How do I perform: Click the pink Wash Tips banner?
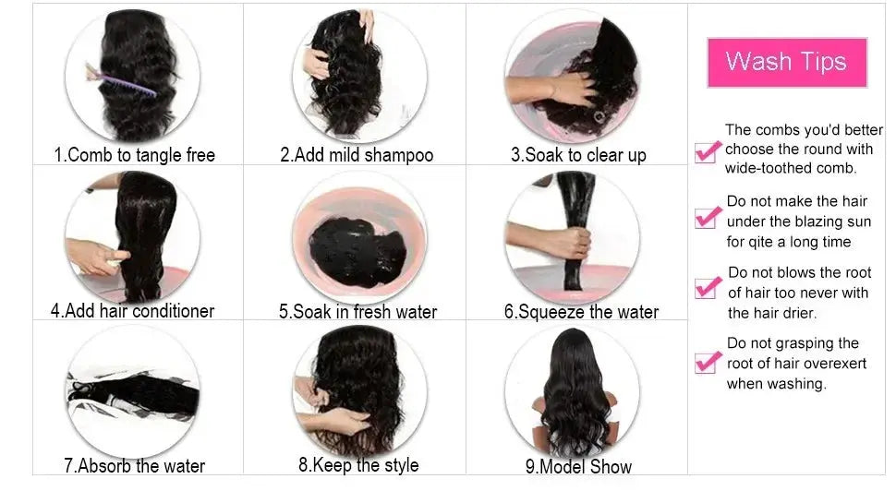tap(787, 62)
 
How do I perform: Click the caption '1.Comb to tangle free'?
tap(135, 154)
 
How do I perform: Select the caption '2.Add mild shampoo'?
tap(357, 154)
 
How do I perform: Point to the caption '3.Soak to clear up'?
tap(578, 154)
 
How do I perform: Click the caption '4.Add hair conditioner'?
tap(132, 310)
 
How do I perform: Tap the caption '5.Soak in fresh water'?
tap(357, 311)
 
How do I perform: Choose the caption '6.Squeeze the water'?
tap(581, 311)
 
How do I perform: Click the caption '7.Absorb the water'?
tap(134, 465)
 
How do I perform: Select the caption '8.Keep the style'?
tap(358, 464)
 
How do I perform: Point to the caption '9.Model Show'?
tap(578, 466)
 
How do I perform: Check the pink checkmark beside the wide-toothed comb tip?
tap(707, 150)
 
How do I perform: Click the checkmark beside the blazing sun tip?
tap(707, 217)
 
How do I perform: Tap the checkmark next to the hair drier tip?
tap(708, 286)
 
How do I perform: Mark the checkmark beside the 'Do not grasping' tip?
tap(708, 360)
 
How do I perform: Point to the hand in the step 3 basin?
tap(561, 89)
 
